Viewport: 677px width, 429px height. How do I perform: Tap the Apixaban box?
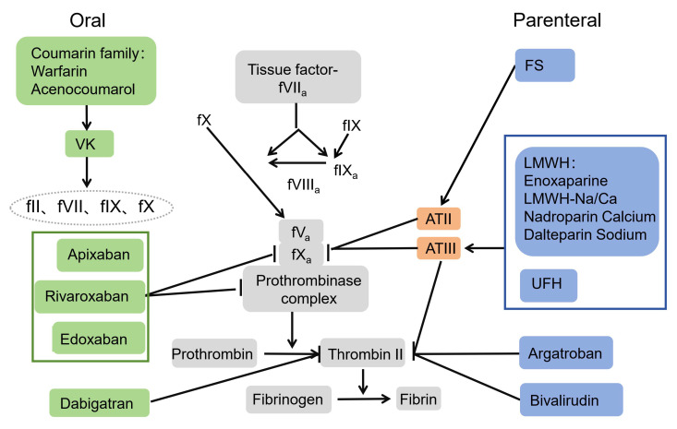99,252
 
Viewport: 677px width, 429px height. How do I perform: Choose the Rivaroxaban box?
97,296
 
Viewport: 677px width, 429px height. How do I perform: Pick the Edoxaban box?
99,338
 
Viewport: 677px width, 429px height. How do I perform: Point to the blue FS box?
545,66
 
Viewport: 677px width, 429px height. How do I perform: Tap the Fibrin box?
418,399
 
